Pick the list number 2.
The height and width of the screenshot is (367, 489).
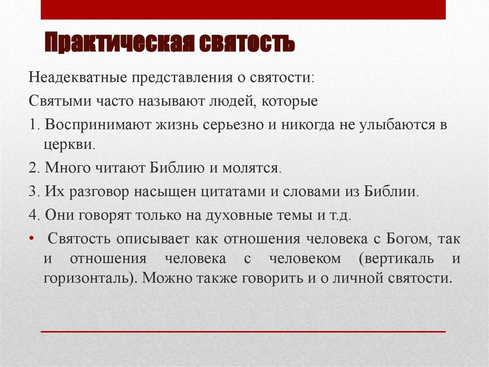click(x=34, y=169)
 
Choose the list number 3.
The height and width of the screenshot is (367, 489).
click(x=34, y=192)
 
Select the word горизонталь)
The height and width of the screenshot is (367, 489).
click(x=88, y=278)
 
